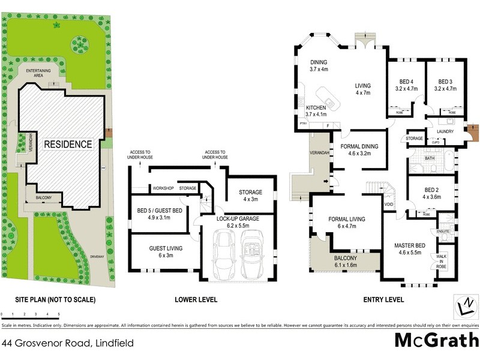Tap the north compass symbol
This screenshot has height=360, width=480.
(466, 305)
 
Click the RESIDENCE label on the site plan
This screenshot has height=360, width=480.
(67, 145)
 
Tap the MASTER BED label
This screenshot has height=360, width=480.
(410, 249)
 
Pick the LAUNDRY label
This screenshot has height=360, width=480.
(445, 131)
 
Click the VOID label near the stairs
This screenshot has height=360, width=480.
(389, 205)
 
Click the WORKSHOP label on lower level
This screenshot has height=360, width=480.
(163, 188)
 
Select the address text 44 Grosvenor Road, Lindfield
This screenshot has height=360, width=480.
(67, 344)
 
